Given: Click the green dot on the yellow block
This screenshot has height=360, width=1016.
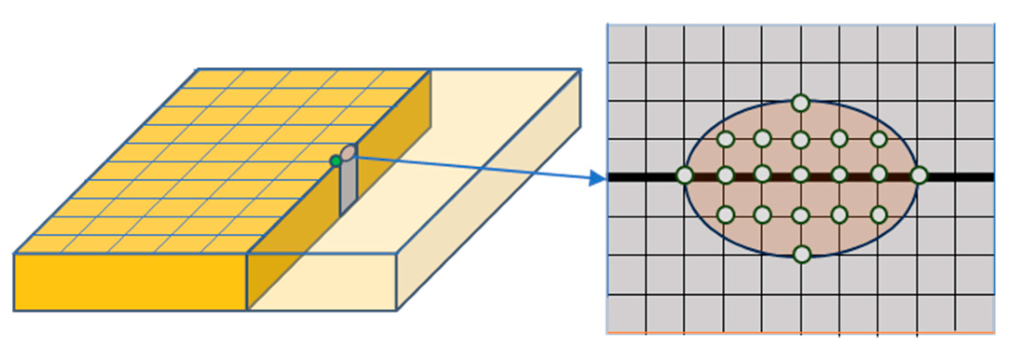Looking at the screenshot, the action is [x=335, y=161].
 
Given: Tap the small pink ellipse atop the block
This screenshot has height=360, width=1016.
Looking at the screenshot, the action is [x=349, y=153].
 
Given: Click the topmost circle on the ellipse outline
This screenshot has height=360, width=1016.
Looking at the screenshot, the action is [x=800, y=103].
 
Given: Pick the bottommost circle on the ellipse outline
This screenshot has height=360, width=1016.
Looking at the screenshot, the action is [x=801, y=254].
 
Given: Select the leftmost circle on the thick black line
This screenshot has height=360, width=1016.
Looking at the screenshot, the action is [x=684, y=176].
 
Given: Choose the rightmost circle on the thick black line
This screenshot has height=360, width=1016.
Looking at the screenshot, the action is [x=919, y=176].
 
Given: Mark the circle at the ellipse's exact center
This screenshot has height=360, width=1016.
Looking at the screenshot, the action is [x=800, y=175].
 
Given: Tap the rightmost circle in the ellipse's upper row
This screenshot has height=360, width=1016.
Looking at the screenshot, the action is [x=879, y=139].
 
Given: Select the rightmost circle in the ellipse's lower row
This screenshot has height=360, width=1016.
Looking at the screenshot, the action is [x=879, y=215].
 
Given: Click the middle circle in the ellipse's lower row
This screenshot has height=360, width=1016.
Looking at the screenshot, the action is [x=800, y=215].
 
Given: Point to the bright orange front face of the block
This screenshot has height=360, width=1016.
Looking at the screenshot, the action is [x=130, y=282].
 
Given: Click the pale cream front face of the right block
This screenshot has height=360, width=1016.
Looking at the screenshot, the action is [x=321, y=282].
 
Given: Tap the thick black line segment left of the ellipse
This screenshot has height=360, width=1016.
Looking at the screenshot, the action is [x=643, y=177].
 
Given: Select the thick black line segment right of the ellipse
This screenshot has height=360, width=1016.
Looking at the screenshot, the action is [x=959, y=177].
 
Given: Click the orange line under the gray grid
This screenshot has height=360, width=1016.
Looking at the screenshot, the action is [x=801, y=333].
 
